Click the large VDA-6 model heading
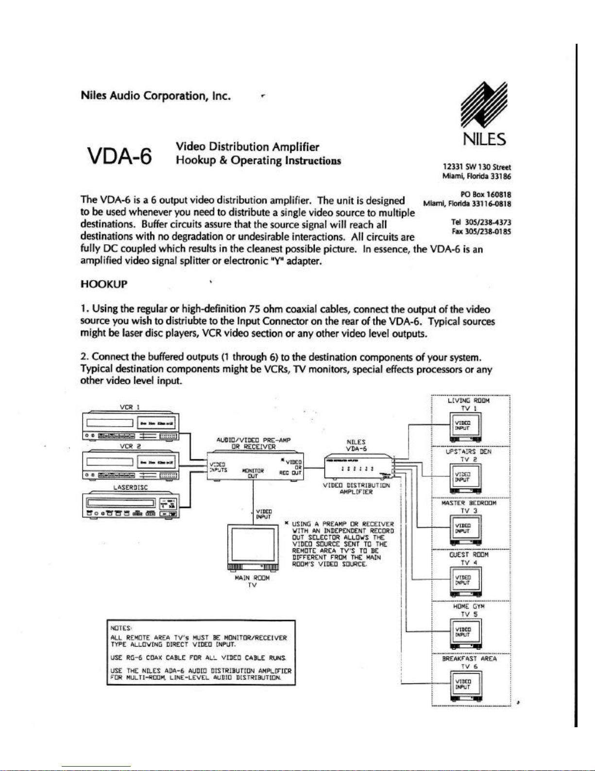click(119, 156)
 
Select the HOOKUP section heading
click(103, 284)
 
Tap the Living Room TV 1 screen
click(465, 426)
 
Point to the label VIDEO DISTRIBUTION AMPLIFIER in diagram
click(357, 488)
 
